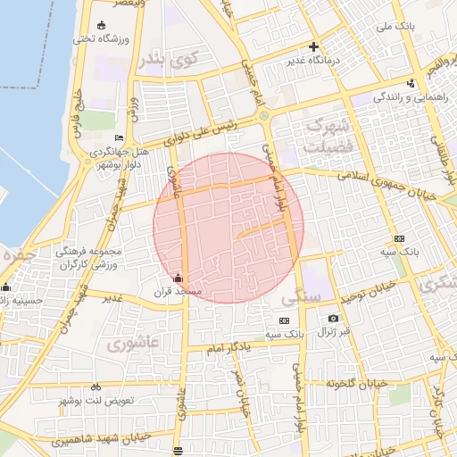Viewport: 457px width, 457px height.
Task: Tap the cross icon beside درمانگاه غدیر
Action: tap(312, 46)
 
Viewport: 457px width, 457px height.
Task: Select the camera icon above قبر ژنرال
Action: tap(333, 319)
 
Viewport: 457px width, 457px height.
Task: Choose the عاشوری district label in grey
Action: tap(133, 343)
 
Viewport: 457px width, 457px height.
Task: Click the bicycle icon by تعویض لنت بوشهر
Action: tap(96, 387)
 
